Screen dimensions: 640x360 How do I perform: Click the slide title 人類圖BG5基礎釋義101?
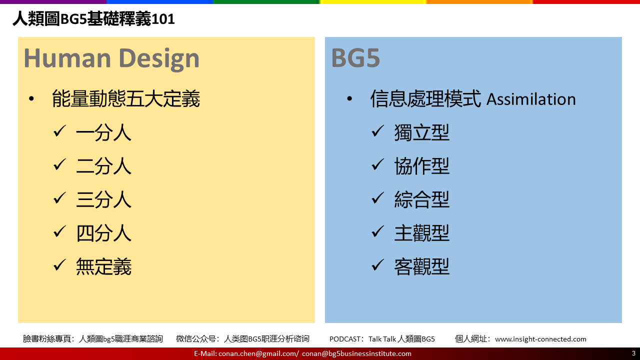[93, 19]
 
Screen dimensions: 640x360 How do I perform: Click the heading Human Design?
[111, 58]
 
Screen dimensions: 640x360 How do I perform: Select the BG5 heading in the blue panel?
[355, 58]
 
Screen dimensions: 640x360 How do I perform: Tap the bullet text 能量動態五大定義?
[125, 99]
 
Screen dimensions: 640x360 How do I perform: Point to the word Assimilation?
[531, 99]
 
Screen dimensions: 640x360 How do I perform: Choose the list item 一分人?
[103, 132]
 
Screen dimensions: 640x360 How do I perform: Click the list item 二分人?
[103, 166]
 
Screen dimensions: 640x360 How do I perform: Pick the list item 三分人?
[103, 199]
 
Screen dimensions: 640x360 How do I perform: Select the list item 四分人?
[103, 233]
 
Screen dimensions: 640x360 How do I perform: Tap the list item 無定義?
[103, 266]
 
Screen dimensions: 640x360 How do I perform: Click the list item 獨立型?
[421, 132]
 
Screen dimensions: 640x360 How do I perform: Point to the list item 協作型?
[421, 166]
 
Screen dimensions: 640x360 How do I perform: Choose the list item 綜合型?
[421, 199]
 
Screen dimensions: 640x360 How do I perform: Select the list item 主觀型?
[421, 233]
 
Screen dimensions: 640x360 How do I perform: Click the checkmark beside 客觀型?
[377, 264]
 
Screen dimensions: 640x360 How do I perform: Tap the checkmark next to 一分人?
[59, 131]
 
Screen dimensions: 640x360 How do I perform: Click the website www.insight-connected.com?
[540, 339]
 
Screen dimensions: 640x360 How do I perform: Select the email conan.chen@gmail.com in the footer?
[257, 353]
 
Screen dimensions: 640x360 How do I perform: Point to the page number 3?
[633, 353]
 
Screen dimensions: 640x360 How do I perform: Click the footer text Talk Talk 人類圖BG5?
[401, 339]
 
